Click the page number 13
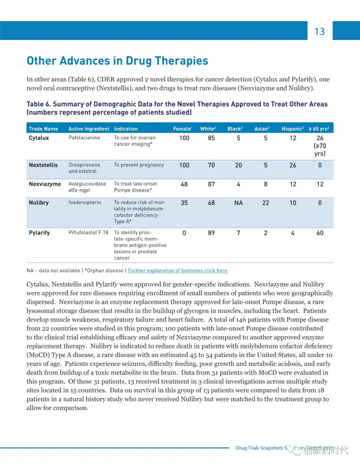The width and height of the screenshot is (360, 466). point(320,31)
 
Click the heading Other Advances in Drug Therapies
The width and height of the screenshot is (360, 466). point(117,61)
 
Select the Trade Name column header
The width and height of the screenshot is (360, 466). point(43,129)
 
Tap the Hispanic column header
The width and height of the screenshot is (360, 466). point(292,129)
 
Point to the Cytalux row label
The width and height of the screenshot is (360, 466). point(39,138)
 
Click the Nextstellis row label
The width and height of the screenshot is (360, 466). point(43,165)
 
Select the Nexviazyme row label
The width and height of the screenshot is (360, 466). point(45,184)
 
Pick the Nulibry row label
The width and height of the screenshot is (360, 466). point(39,202)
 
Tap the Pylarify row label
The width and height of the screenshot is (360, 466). point(39,232)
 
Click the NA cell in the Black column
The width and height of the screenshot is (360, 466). point(238,203)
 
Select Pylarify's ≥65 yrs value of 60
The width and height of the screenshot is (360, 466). point(320,233)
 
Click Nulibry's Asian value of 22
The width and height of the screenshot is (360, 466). point(266,203)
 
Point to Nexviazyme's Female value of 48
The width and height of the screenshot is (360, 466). point(184,184)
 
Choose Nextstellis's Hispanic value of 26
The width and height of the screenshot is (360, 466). point(293,165)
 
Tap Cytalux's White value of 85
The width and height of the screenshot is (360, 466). point(211,138)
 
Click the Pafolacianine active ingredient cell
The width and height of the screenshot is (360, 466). point(84,138)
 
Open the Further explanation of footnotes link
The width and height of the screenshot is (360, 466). point(177,271)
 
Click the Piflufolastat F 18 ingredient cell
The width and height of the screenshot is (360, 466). point(88,232)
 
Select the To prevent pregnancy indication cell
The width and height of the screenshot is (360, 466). point(139,165)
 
